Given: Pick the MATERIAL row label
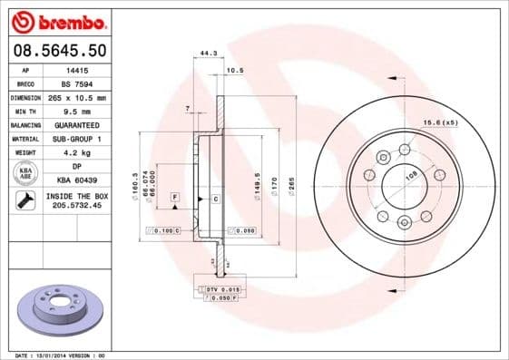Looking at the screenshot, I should coord(24,139).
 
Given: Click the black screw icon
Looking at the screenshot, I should coord(24,201).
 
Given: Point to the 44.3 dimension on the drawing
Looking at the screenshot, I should coord(208,54).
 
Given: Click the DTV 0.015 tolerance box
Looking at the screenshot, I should coord(220,287).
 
